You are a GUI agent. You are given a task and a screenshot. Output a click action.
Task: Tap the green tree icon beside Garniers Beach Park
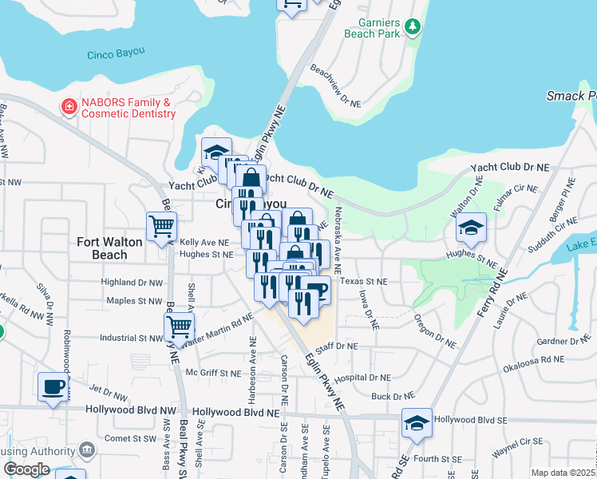coord(413,27)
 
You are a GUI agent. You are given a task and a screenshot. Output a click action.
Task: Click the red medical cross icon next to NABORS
coord(69,105)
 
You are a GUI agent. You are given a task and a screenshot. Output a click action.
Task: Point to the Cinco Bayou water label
coord(115,54)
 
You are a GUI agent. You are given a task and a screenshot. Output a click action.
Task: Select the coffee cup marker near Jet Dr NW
coord(53,386)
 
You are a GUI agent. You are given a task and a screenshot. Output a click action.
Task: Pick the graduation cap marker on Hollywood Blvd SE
coord(417,422)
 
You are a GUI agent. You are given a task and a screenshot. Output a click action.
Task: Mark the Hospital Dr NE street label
coord(363,378)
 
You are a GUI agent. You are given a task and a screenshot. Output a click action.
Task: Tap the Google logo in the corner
coord(26,469)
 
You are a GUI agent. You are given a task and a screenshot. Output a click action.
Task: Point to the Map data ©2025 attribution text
coord(563,473)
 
